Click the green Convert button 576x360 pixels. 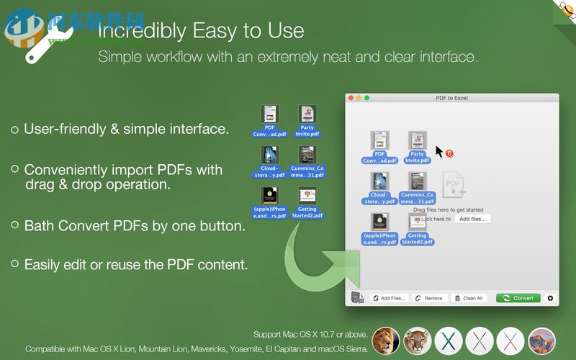click(518, 298)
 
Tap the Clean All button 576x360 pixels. click(469, 298)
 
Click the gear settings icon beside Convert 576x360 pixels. click(551, 298)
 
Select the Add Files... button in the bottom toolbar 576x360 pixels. click(388, 298)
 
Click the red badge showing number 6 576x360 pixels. click(449, 153)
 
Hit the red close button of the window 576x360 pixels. click(351, 98)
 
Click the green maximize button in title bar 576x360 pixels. click(366, 98)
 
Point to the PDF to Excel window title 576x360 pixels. click(451, 98)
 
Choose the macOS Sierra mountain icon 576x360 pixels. click(542, 341)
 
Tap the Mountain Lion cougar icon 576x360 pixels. click(417, 341)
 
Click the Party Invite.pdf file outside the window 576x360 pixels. click(307, 121)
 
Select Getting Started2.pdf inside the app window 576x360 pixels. click(417, 229)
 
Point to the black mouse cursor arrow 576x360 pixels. click(439, 151)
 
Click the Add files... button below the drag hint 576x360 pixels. click(473, 219)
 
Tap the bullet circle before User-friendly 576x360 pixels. click(14, 130)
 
